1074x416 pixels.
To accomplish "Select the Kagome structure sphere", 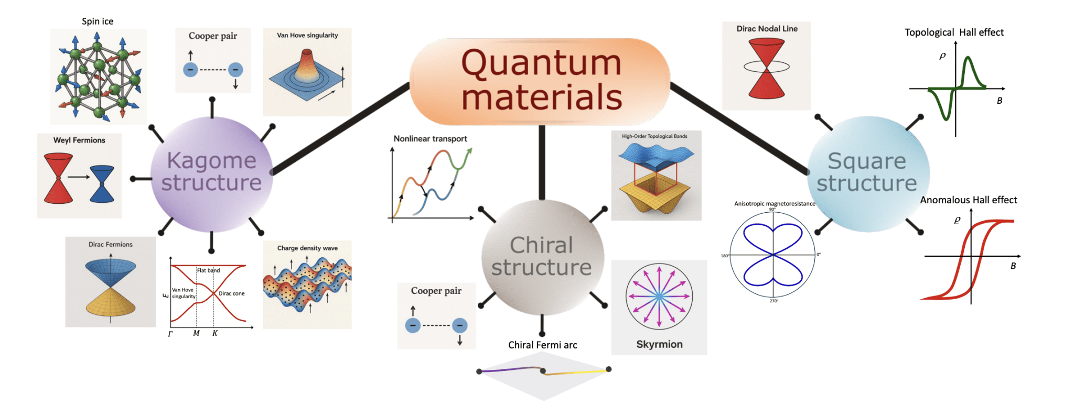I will (x=211, y=173).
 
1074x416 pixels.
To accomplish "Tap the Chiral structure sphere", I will (x=542, y=257).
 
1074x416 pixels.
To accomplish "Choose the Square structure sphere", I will (x=867, y=173).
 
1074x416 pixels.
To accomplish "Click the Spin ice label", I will (x=98, y=21).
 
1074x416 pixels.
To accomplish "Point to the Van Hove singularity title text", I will (x=307, y=35).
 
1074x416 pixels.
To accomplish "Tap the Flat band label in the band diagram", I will (x=208, y=270).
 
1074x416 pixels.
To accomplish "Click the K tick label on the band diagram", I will (x=215, y=333).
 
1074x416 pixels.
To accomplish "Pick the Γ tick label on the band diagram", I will (x=170, y=334).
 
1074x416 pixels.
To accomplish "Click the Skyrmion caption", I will (x=659, y=344).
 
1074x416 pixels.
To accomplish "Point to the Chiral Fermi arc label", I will (x=542, y=345).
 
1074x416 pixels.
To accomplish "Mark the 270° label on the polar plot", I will (x=774, y=301).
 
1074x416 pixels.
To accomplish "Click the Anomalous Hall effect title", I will (x=968, y=200).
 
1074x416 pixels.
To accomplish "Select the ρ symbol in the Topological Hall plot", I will (x=942, y=56).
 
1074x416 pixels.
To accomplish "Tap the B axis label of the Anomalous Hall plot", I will (x=1013, y=266).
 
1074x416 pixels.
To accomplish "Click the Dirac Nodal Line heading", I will (x=767, y=29).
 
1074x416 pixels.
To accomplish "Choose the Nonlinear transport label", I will (x=430, y=139).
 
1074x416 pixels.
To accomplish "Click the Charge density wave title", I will (x=307, y=248).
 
